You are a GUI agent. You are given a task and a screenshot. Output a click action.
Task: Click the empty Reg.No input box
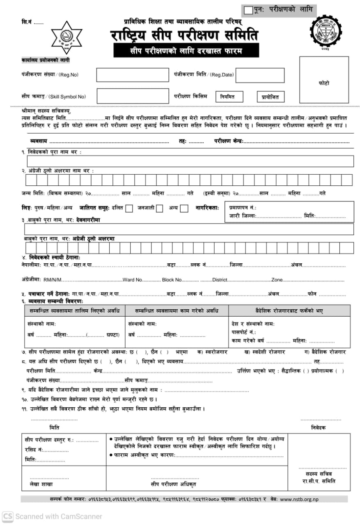[132, 75]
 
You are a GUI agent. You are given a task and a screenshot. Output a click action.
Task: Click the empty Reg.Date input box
[259, 75]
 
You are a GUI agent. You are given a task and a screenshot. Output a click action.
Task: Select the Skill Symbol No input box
[132, 96]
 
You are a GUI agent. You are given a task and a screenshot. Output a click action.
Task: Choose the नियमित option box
[229, 97]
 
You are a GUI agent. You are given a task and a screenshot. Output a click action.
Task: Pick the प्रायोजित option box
[271, 97]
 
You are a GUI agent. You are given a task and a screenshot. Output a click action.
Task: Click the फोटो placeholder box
[323, 83]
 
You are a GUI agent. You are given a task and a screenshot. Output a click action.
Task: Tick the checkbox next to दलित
[129, 208]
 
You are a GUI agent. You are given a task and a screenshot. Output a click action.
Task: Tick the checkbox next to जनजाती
[160, 208]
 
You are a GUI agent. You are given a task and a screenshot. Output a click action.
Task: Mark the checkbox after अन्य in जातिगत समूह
[184, 208]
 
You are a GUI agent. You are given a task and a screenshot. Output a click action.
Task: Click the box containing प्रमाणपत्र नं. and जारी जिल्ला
[289, 212]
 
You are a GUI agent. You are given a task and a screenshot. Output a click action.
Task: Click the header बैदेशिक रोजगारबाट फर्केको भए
[289, 310]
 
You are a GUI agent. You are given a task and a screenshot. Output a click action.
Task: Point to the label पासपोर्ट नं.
[244, 332]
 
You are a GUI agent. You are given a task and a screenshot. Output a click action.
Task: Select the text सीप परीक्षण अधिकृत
[173, 484]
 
